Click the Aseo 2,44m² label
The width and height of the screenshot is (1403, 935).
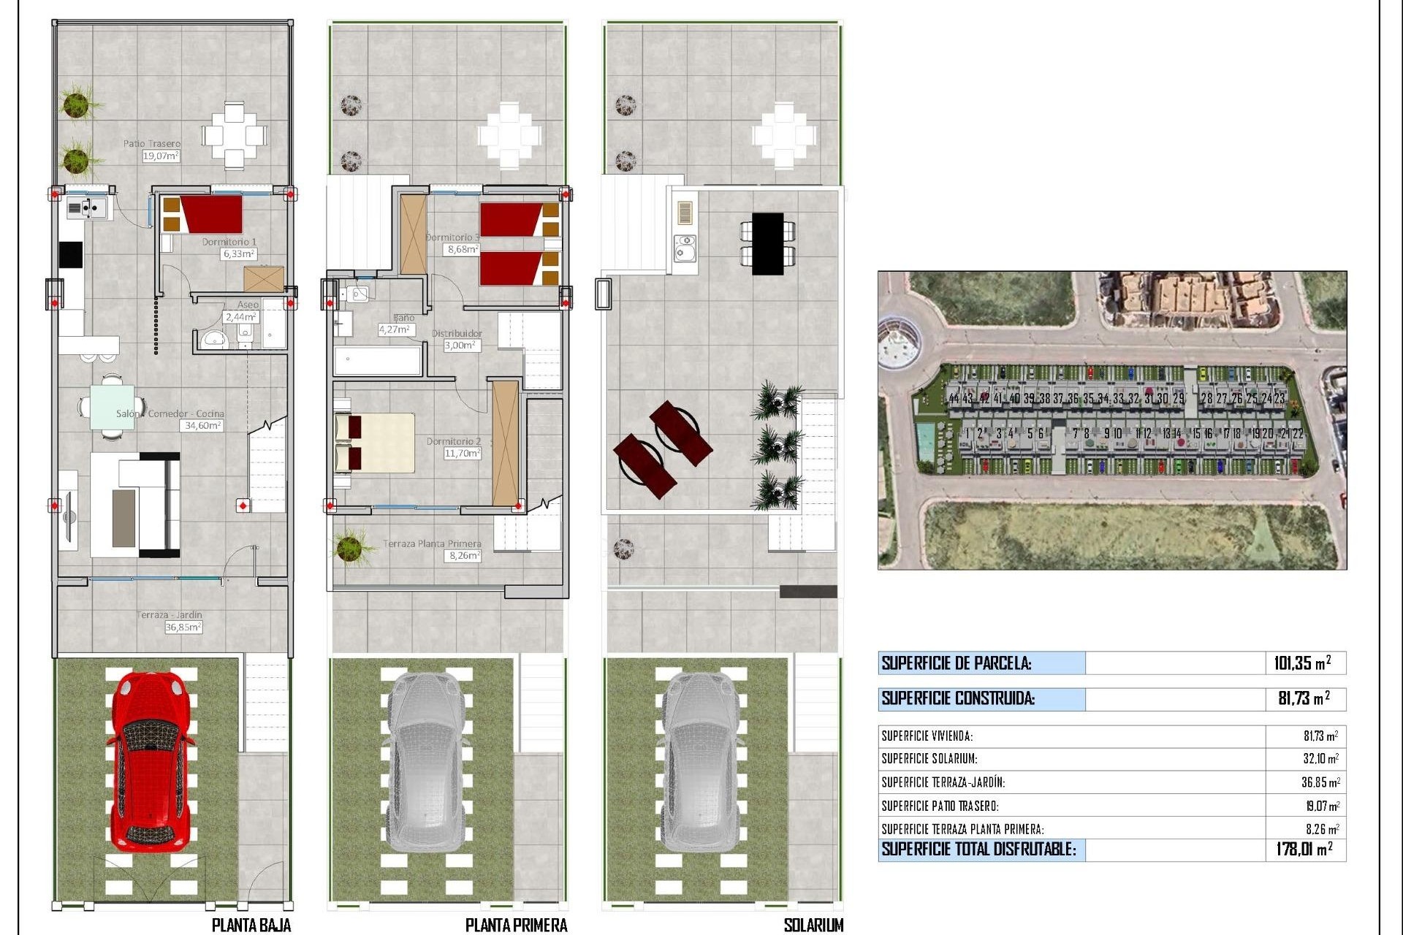tap(243, 311)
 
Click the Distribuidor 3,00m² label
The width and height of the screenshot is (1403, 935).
tap(459, 339)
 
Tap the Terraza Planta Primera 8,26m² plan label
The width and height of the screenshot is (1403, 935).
tap(438, 549)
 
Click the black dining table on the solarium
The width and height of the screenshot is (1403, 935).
tap(767, 243)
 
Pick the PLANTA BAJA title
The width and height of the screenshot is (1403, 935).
tap(251, 925)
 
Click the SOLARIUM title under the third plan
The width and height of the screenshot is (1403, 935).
tap(813, 925)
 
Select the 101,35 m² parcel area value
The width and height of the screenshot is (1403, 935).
tap(1302, 663)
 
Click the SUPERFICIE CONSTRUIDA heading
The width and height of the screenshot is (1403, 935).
tap(958, 698)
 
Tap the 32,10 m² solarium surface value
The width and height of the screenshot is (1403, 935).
tap(1320, 759)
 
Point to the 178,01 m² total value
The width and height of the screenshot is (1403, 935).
tap(1304, 849)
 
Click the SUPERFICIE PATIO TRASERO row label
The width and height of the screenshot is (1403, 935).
tap(940, 806)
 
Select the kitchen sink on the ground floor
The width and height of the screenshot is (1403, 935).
tap(86, 209)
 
